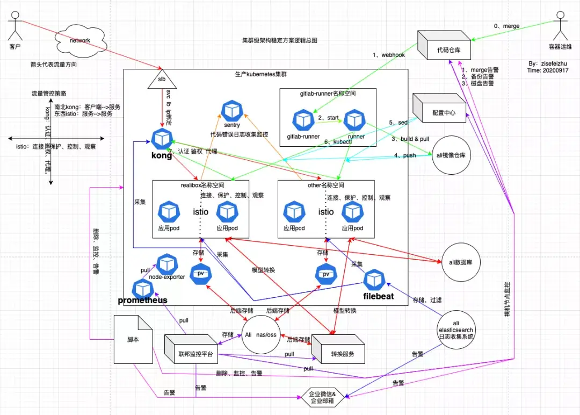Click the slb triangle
point(161,81)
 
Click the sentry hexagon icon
point(231,110)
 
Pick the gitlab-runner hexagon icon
point(303,119)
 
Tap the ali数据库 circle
point(460,261)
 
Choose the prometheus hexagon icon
point(142,289)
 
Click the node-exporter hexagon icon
point(166,264)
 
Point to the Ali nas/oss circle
point(261,334)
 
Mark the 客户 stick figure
point(15,29)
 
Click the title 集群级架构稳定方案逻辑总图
point(279,40)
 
